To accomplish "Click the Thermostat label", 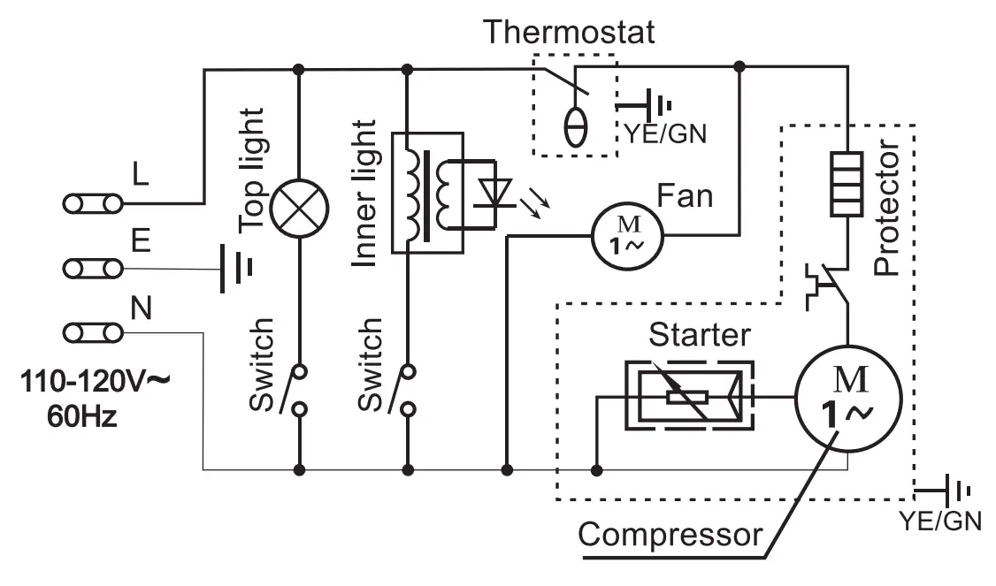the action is (569, 32).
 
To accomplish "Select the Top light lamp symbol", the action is (299, 209).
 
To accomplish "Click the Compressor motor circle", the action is (848, 399).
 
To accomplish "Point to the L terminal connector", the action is (93, 204).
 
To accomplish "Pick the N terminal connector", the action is (93, 332).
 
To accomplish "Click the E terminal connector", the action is (93, 269).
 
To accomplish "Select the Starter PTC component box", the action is (690, 396).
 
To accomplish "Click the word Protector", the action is (887, 208).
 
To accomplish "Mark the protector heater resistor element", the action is (847, 184).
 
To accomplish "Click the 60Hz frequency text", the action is (82, 417).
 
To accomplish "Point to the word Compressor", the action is (670, 535).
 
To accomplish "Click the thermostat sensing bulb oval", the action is (576, 128).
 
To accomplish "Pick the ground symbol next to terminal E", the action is (236, 269).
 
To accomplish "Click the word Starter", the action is (700, 335).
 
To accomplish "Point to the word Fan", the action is (685, 195).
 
